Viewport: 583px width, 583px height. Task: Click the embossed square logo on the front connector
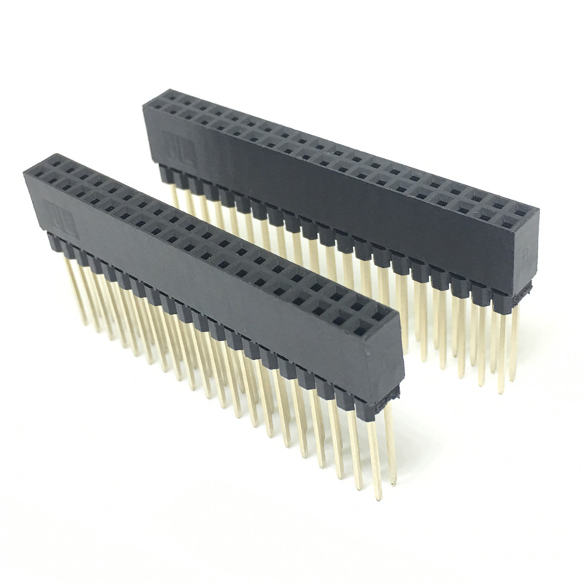tap(60, 216)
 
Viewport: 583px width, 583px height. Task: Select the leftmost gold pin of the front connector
tap(77, 291)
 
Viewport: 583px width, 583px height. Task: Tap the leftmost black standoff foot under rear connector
tap(165, 171)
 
